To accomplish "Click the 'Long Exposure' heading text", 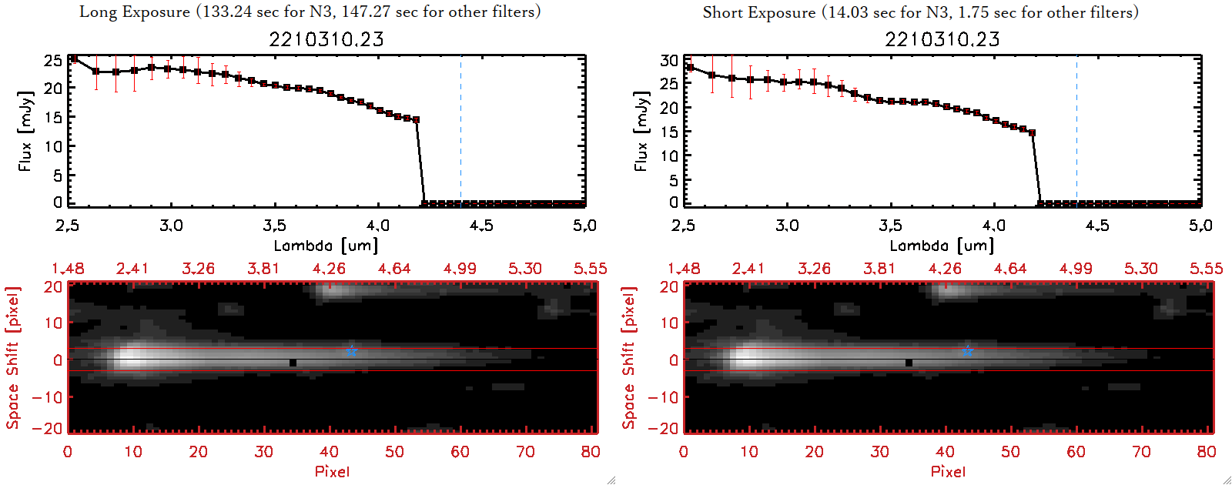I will tap(135, 12).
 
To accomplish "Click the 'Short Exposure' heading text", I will tap(758, 12).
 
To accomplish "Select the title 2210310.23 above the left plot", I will tap(326, 39).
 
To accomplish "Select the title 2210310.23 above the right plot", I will tap(942, 39).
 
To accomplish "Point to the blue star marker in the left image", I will tap(352, 350).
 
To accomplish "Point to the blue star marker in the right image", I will tap(968, 350).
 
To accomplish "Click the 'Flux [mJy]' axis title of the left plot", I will tap(25, 131).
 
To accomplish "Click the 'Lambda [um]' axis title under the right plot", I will tap(942, 246).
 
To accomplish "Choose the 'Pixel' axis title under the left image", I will tap(332, 471).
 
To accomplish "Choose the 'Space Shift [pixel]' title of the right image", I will tap(629, 358).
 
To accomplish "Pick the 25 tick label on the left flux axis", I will tap(53, 60).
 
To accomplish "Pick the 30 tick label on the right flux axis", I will tap(669, 60).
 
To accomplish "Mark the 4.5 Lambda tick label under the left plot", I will tap(481, 226).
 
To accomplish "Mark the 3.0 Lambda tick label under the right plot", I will tap(787, 226).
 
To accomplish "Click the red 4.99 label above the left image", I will tap(460, 269).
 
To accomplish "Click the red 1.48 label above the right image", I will tap(684, 269).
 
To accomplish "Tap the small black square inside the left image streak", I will tap(293, 363).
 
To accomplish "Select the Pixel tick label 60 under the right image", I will tap(1076, 452).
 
